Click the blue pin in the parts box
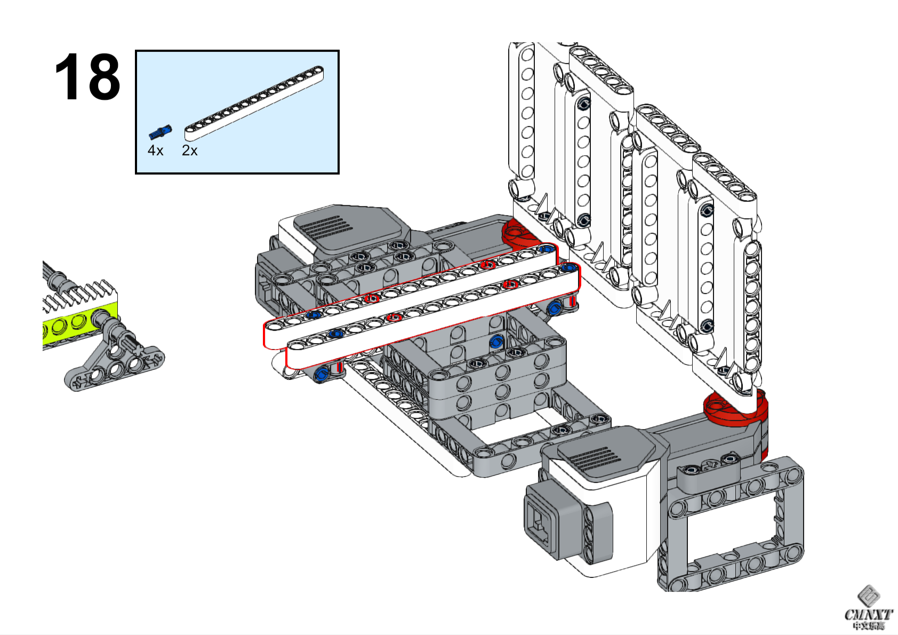click(160, 131)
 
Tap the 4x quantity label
click(155, 151)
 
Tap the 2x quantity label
click(189, 151)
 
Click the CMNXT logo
click(868, 608)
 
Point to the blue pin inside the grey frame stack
click(496, 342)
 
